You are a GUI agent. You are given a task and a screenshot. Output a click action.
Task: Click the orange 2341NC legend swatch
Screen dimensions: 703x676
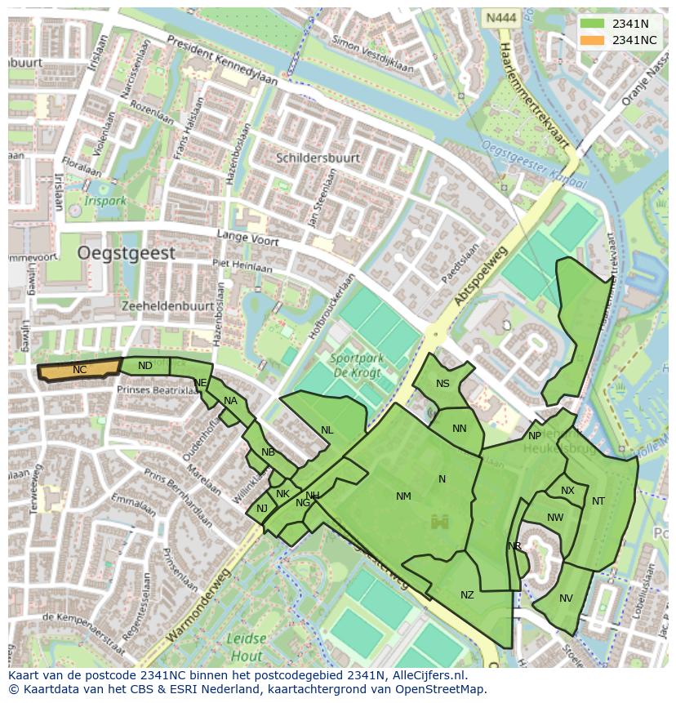594,40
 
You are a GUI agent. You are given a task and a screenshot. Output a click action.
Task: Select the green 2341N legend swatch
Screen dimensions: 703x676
594,24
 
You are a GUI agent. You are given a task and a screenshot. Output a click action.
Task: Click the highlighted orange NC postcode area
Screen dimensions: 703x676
79,370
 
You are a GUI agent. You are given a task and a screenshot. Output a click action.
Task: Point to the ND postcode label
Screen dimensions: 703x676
145,366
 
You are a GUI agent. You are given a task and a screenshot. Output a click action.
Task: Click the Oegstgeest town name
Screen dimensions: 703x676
126,253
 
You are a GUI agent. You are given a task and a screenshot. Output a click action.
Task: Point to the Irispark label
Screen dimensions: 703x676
105,199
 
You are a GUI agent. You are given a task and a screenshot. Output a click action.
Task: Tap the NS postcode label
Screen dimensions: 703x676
443,384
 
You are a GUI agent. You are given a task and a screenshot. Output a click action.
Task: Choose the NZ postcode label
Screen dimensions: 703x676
467,595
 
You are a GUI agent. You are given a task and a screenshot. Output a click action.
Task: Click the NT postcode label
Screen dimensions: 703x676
598,501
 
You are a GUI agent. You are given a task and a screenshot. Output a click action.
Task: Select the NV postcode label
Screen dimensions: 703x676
566,598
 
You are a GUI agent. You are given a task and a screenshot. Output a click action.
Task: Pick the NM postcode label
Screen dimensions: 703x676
403,496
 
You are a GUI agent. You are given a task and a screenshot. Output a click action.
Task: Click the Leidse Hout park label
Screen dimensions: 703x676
246,648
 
